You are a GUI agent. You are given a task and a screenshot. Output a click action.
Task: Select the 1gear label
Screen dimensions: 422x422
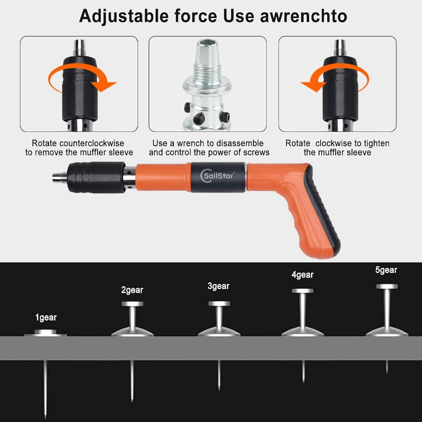46,318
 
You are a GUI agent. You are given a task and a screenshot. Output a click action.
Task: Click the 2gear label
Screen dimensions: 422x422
132,290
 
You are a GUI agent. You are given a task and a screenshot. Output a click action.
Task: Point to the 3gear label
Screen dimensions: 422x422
218,286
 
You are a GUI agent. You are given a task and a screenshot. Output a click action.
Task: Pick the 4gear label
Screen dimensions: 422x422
302,275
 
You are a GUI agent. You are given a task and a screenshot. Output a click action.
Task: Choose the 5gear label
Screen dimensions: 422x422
386,270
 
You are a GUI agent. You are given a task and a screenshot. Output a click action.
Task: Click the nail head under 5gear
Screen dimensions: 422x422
387,286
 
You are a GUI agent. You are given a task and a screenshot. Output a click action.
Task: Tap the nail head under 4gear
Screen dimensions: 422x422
303,291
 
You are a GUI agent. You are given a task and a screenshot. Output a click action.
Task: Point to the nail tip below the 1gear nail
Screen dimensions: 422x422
45,417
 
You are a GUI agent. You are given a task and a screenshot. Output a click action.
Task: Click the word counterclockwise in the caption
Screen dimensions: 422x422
93,143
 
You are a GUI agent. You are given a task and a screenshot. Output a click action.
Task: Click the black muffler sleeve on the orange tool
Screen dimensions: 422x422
96,177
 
